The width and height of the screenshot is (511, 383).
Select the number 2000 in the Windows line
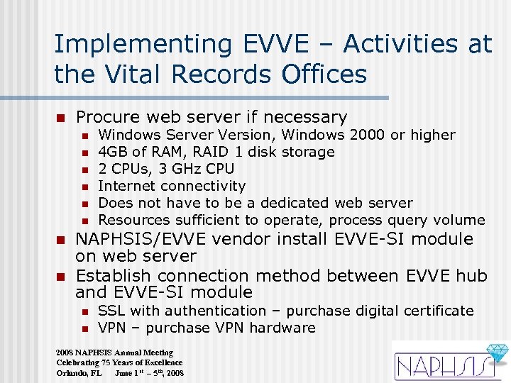363,135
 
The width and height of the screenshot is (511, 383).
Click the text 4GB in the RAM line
111,152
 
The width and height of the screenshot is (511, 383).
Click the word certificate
439,311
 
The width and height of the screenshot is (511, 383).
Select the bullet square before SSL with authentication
84,311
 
